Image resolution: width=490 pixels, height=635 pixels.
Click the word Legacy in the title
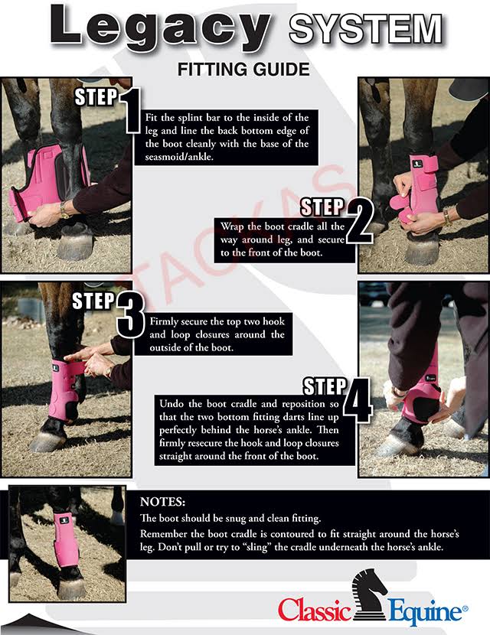(160, 28)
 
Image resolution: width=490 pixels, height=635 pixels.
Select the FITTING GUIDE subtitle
(243, 70)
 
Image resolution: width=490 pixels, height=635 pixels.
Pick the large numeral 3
(130, 316)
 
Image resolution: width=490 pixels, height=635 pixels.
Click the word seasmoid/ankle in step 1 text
(178, 157)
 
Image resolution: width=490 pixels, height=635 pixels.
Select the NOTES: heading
(162, 502)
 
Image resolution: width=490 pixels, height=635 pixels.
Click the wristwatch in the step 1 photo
(64, 210)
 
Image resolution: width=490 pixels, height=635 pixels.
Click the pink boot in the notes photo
(67, 541)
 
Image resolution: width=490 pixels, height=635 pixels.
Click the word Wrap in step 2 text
(233, 226)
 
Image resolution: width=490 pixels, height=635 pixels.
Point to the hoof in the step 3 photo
(47, 441)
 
